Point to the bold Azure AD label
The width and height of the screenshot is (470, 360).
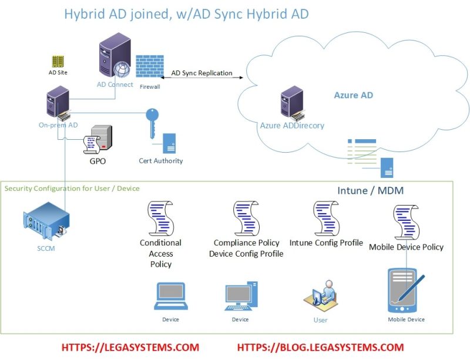tap(353, 95)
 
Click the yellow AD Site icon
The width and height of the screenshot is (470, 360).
tap(58, 62)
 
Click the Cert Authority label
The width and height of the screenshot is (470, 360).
tap(161, 161)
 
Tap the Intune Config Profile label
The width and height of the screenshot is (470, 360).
tap(326, 243)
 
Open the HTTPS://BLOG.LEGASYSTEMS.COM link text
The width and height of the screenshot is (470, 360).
tap(320, 347)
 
